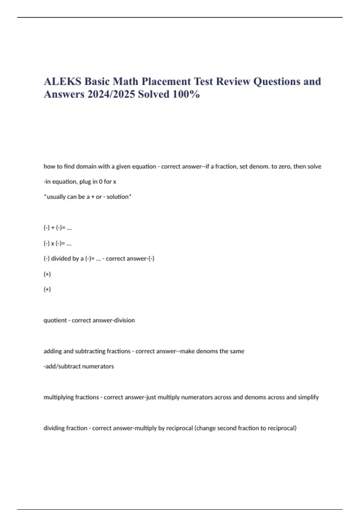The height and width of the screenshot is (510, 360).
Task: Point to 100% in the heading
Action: (x=186, y=94)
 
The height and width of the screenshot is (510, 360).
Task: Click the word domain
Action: (x=86, y=166)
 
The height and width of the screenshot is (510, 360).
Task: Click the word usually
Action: (x=56, y=197)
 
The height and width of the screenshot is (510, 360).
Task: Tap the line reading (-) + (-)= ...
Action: (x=58, y=228)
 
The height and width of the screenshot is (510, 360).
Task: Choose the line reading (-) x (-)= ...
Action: (x=57, y=243)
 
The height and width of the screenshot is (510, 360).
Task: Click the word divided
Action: (x=61, y=259)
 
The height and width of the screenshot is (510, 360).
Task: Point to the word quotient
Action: (x=55, y=320)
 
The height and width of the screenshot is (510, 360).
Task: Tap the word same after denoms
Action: (x=237, y=351)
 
